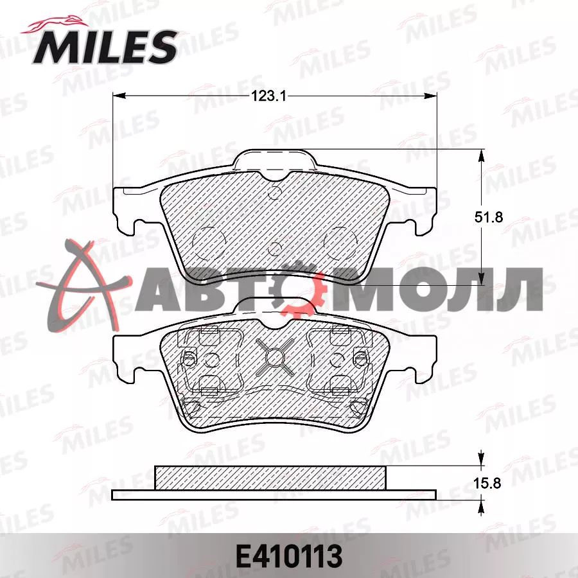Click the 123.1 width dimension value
tap(268, 96)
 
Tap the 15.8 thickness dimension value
tap(487, 483)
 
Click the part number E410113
tap(289, 556)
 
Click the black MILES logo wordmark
tap(105, 47)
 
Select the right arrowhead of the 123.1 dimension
tap(430, 96)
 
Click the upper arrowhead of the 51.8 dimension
tap(481, 157)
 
